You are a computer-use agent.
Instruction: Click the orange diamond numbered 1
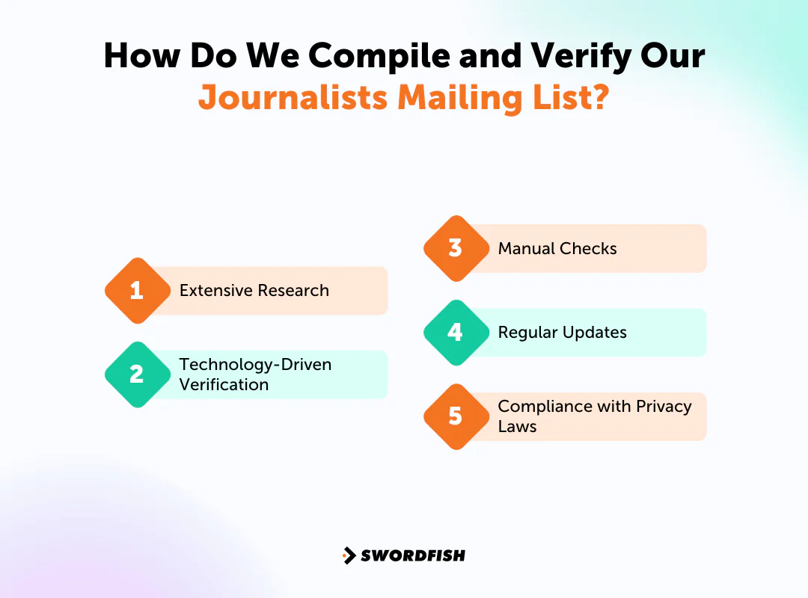pos(136,291)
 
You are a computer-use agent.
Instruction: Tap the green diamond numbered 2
pos(136,374)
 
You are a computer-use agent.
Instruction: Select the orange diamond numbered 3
pos(456,248)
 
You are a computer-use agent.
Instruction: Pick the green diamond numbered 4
pos(456,333)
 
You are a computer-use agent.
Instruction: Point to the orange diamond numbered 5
pos(456,416)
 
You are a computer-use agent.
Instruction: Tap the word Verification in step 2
pos(224,385)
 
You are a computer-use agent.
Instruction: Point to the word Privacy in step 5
pos(664,407)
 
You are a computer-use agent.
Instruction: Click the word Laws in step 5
pos(518,427)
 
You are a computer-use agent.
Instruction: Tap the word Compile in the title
pos(367,56)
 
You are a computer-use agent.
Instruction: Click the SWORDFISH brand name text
pos(413,555)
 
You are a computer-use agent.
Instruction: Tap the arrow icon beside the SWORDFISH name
pos(349,555)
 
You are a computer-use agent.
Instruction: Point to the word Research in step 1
pos(295,291)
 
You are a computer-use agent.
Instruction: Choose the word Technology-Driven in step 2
pos(255,365)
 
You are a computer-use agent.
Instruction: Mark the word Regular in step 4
pos(526,333)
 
